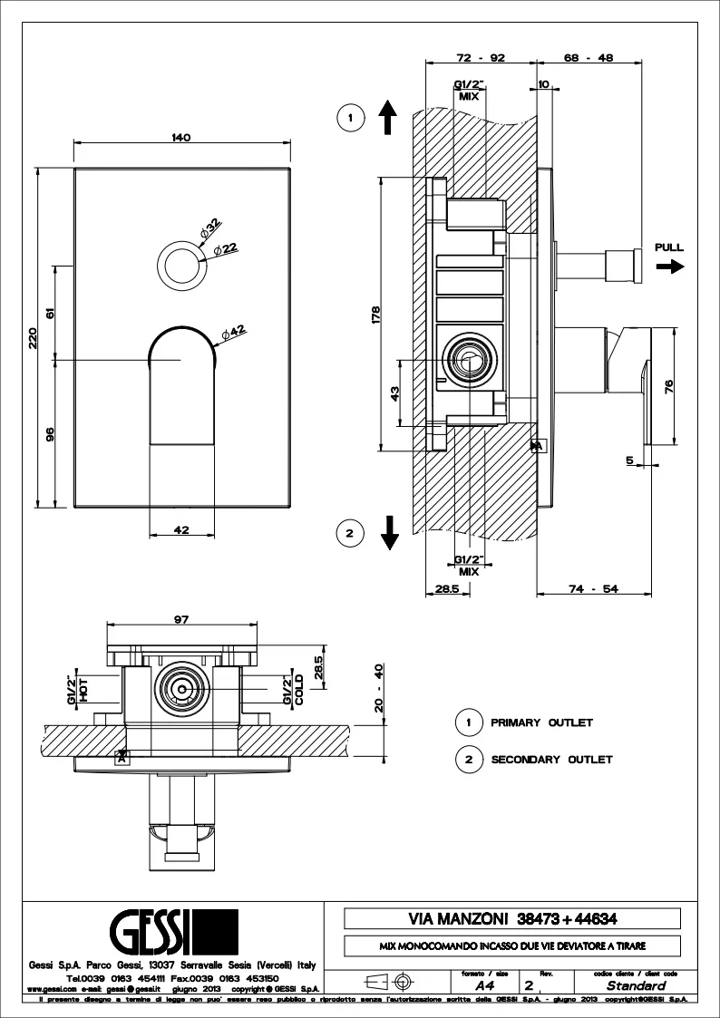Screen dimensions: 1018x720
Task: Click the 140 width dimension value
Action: pyautogui.click(x=180, y=137)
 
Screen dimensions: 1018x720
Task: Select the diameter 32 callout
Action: pyautogui.click(x=211, y=223)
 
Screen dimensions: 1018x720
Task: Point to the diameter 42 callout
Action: pyautogui.click(x=234, y=332)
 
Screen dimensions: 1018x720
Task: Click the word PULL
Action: pyautogui.click(x=669, y=247)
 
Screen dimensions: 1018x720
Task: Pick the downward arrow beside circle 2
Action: pyautogui.click(x=390, y=532)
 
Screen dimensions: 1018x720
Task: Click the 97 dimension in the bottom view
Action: pyautogui.click(x=181, y=619)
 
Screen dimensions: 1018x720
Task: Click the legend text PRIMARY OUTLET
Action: pyautogui.click(x=541, y=722)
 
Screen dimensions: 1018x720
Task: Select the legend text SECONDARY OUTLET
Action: pyautogui.click(x=551, y=760)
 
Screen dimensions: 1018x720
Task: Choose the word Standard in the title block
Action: pyautogui.click(x=636, y=985)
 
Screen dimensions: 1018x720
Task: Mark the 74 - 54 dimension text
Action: pyautogui.click(x=595, y=589)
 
